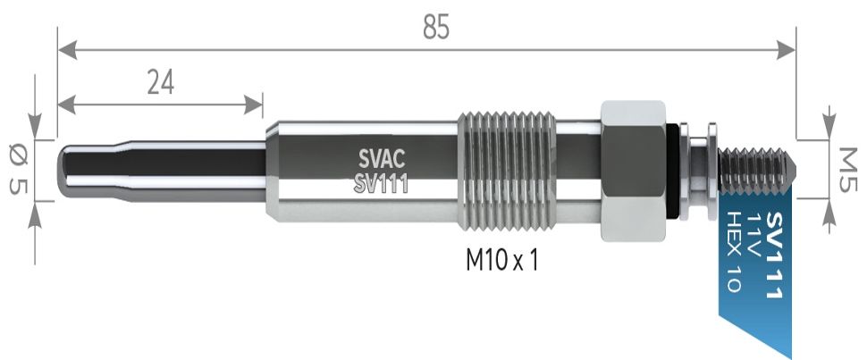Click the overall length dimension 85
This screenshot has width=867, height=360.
435,28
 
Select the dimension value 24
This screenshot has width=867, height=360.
160,82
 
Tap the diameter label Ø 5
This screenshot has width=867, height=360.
18,170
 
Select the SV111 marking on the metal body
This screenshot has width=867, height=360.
380,185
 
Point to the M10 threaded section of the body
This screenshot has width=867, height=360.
507,171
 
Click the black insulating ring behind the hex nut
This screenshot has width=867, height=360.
672,170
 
